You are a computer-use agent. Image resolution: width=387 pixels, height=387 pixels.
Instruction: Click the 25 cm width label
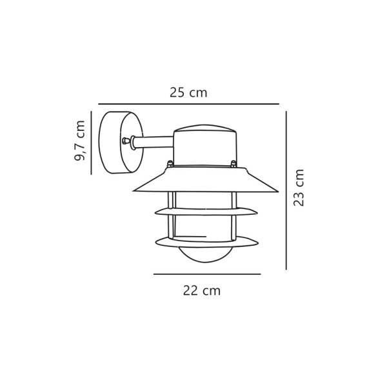point(188,93)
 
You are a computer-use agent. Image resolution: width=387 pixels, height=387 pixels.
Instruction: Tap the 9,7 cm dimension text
point(80,141)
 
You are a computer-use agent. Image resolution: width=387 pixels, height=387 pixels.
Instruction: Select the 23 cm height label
point(299,188)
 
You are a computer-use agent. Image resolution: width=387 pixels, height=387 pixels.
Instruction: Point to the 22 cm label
point(201,291)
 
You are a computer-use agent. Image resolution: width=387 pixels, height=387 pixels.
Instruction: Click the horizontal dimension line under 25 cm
point(188,104)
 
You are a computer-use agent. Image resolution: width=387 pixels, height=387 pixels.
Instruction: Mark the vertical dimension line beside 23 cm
point(286,190)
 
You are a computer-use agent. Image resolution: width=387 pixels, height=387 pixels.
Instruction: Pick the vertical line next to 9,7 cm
point(91,143)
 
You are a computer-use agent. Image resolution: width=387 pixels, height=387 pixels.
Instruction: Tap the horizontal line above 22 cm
point(206,274)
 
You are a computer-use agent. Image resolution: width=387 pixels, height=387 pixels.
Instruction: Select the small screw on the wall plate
point(124,141)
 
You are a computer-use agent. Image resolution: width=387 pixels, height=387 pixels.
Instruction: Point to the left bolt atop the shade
point(170,164)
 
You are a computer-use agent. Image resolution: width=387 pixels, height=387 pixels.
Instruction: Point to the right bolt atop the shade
point(233,164)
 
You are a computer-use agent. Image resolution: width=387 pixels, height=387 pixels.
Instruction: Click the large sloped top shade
point(205,181)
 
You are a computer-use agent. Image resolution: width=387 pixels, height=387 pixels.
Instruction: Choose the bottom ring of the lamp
point(206,243)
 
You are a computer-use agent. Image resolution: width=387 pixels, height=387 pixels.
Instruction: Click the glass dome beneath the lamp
point(206,254)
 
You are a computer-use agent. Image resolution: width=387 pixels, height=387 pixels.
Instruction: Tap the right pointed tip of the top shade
point(277,192)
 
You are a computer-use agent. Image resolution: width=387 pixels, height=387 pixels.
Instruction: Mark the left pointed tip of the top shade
point(134,191)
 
